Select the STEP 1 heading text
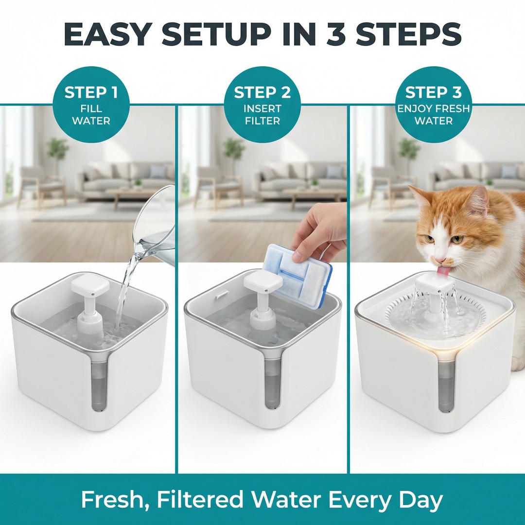[x=91, y=92]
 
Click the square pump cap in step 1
[x=90, y=285]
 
